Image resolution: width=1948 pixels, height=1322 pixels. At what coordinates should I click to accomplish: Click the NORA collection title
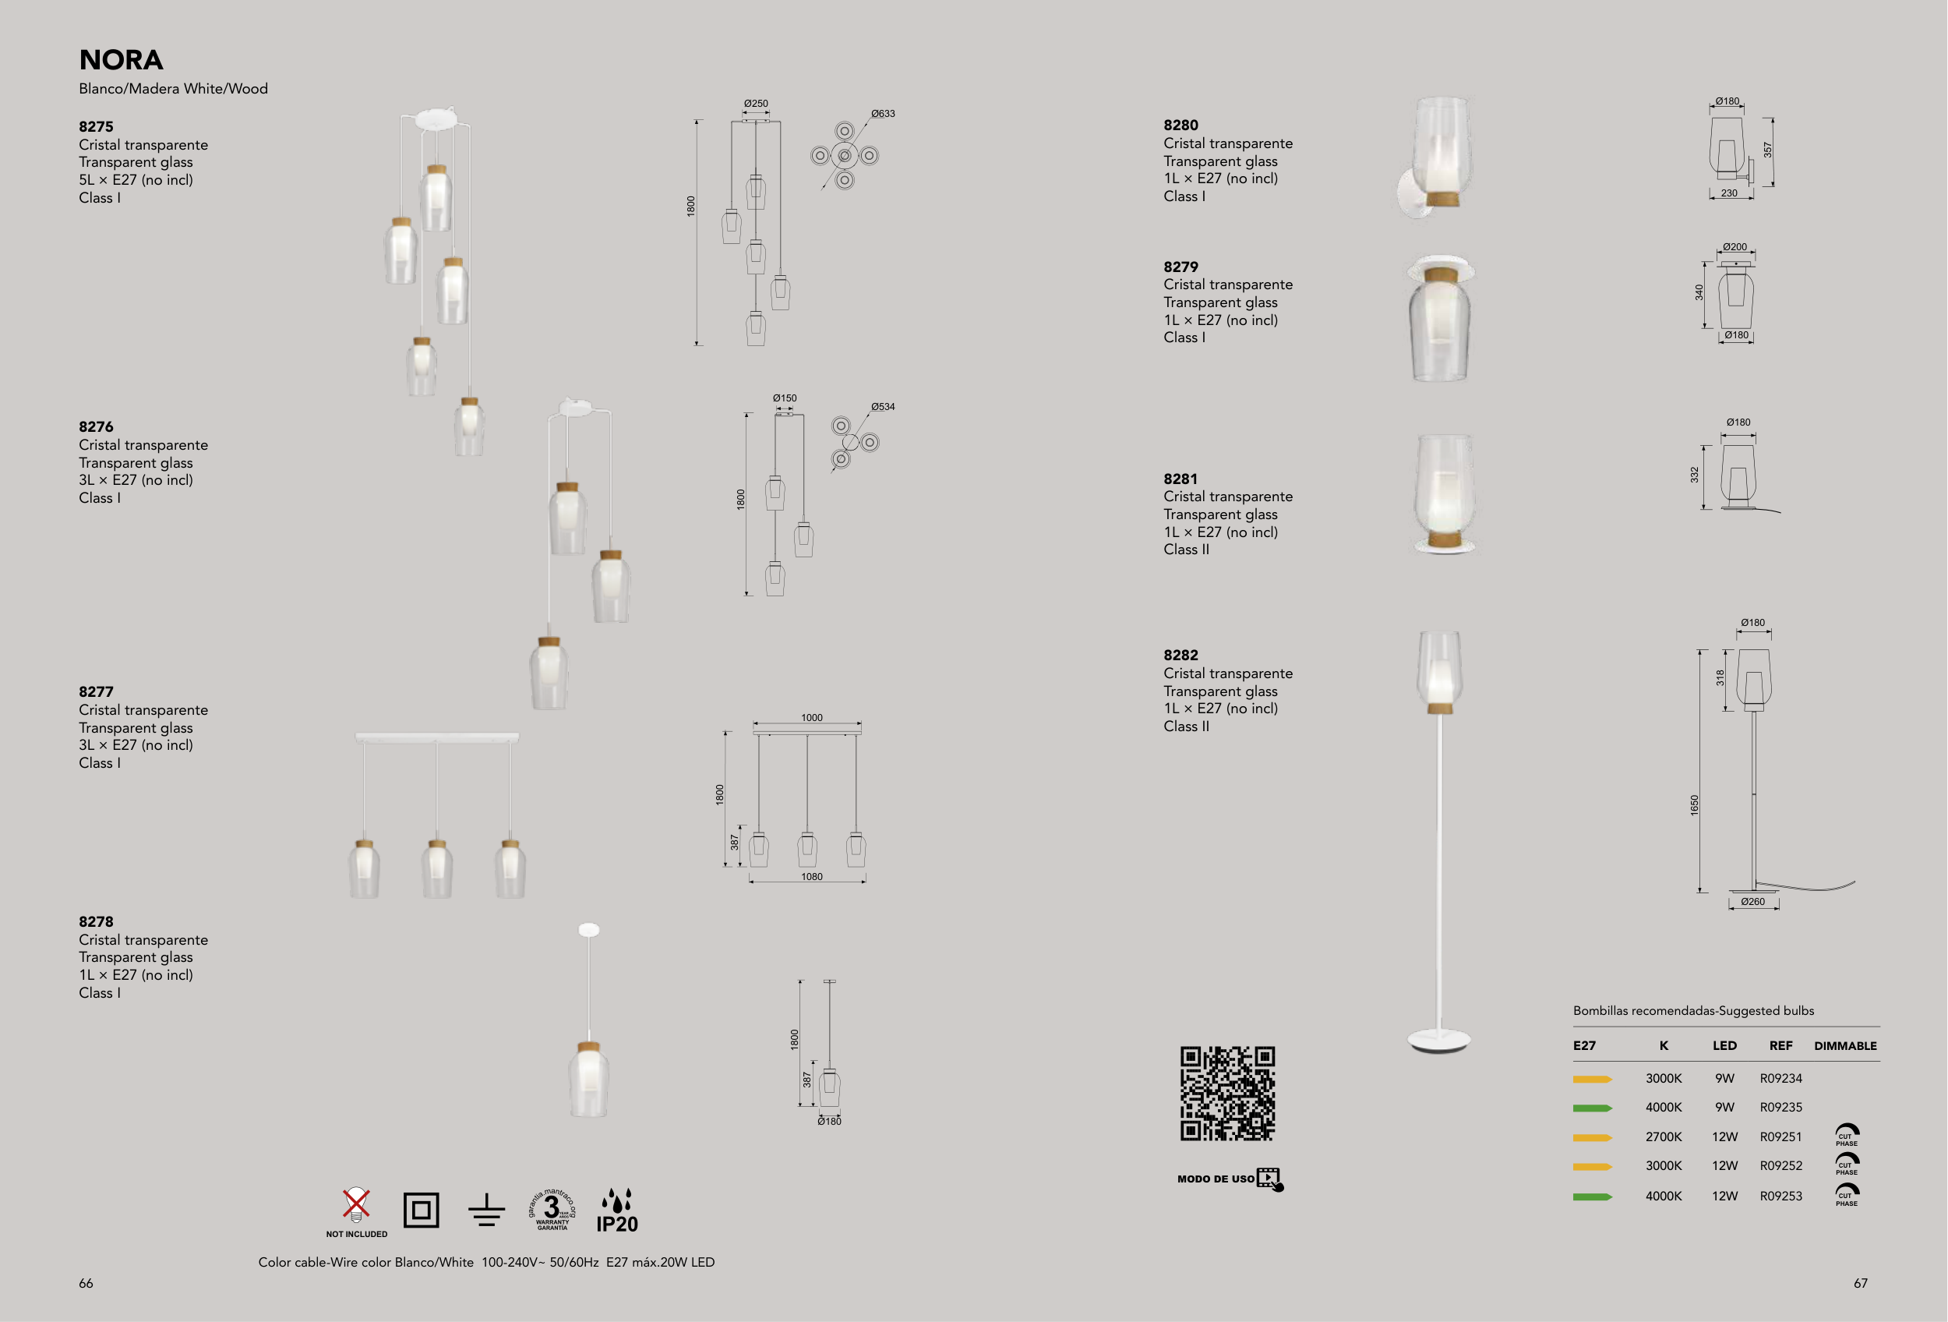tap(121, 59)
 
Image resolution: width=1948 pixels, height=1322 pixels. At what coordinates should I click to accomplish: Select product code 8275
tap(96, 126)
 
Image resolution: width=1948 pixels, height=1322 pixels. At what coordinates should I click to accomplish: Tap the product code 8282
tap(1180, 655)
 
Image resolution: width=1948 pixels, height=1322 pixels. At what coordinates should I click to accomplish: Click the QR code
tap(1227, 1093)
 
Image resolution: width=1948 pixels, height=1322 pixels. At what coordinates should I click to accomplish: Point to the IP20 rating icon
tap(617, 1211)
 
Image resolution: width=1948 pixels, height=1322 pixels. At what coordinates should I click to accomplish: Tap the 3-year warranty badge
tap(552, 1209)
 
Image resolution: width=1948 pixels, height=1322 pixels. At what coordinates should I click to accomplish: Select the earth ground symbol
tap(486, 1211)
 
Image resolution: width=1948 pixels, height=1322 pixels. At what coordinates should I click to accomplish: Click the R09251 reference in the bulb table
tap(1780, 1136)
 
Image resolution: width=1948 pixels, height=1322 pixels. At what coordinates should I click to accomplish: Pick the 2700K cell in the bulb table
tap(1663, 1136)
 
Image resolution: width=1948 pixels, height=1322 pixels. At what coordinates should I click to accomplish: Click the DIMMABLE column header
tap(1845, 1045)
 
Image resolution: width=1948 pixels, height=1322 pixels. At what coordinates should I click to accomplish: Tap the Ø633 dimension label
tap(883, 113)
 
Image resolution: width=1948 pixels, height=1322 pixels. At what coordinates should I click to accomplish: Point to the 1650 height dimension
tap(1694, 804)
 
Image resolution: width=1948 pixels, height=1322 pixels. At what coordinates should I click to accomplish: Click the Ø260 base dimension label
tap(1752, 901)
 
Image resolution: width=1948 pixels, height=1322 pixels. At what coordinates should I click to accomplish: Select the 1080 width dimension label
tap(811, 876)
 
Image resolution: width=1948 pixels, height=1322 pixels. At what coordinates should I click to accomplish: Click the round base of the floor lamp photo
tap(1438, 1041)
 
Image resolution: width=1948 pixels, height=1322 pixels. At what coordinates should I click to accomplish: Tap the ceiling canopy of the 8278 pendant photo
tap(589, 930)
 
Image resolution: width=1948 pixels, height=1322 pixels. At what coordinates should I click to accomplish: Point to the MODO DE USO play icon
tap(1270, 1179)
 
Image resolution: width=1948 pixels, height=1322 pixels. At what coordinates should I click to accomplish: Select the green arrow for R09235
tap(1593, 1108)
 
